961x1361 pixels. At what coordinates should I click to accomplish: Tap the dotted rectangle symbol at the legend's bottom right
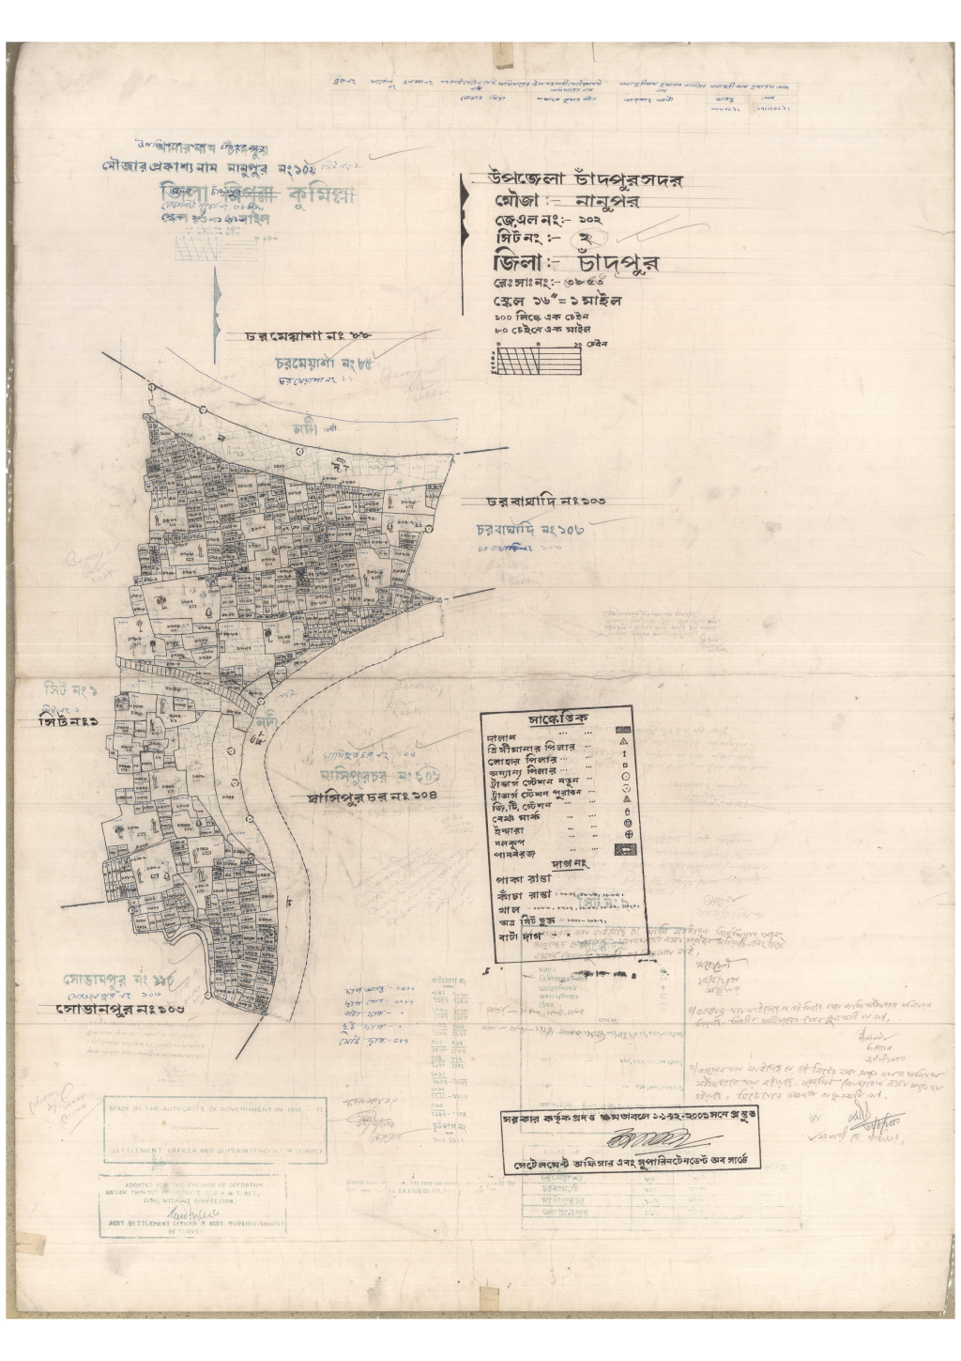tap(623, 849)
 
